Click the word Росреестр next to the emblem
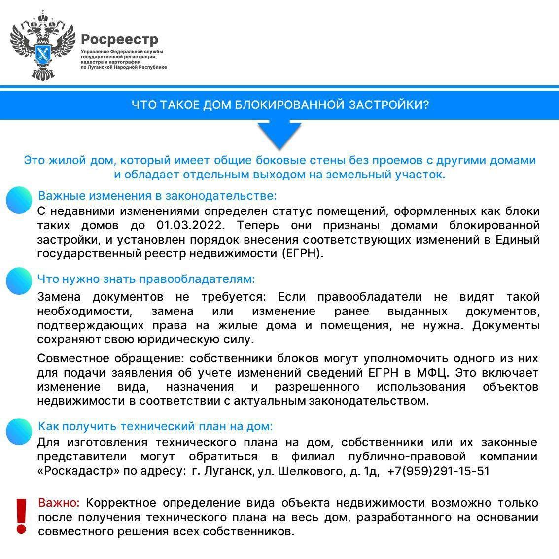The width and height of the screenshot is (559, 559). [x=119, y=39]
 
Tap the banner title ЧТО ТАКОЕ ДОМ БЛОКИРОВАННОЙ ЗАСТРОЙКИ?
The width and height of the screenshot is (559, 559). [x=279, y=105]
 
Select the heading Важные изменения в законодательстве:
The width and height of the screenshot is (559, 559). [x=157, y=196]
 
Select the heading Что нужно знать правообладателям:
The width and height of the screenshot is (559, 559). [x=146, y=279]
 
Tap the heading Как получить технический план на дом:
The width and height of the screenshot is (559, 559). [x=155, y=426]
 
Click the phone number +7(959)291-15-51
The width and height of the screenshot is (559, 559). [x=438, y=471]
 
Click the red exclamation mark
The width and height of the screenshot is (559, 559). [x=21, y=516]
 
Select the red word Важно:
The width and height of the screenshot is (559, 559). [x=59, y=503]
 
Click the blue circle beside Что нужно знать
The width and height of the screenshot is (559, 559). [x=19, y=281]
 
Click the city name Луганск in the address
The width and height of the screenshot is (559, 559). [x=229, y=471]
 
